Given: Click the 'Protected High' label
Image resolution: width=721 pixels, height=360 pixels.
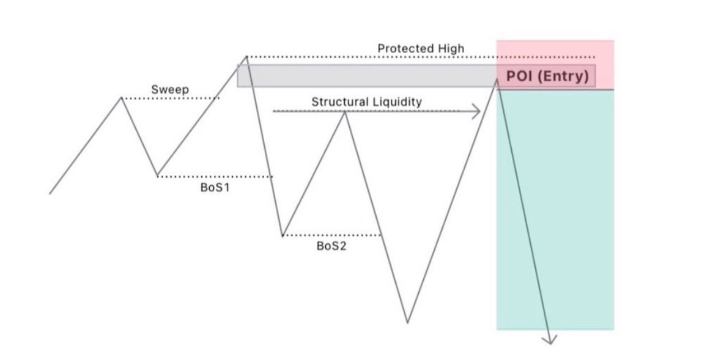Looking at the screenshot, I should (x=421, y=48).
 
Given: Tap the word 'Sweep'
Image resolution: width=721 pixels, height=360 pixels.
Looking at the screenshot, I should (x=170, y=89).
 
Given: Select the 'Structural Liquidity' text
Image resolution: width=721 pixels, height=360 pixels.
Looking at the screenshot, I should (x=366, y=101).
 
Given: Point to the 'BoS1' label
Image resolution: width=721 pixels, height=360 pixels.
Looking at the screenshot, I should (x=215, y=188).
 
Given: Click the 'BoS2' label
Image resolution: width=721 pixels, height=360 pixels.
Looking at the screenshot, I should (x=331, y=246).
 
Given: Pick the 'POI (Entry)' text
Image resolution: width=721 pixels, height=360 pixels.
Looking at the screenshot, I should (x=547, y=76).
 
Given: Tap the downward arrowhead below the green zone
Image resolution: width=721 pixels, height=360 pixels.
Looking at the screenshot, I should (x=550, y=339).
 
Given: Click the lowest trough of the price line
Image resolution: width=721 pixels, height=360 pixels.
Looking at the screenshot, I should (x=407, y=322).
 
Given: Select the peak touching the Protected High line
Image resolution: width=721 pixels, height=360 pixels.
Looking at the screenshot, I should (x=246, y=57).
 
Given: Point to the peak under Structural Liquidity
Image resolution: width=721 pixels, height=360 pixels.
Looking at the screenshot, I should (x=345, y=112).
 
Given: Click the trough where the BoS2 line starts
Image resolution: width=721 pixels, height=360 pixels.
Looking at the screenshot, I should (x=282, y=235).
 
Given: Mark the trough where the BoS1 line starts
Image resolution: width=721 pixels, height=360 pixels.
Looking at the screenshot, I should (x=157, y=176).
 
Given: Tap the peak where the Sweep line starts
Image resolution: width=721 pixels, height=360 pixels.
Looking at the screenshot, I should (x=122, y=98).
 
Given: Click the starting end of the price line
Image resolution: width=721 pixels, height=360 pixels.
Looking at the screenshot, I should (x=50, y=194).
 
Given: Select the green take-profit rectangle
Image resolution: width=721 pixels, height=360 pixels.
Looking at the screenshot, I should (x=555, y=208).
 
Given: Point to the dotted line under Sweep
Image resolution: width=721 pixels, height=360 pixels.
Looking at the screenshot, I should (x=171, y=98).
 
